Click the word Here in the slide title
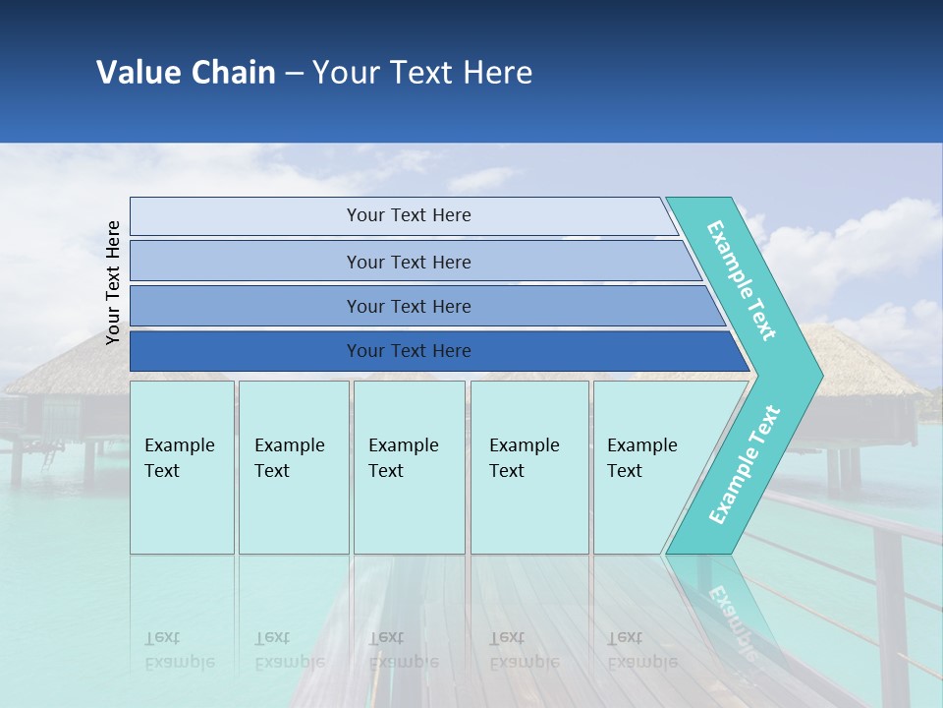(x=497, y=73)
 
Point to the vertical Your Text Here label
(x=113, y=282)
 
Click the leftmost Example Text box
(x=182, y=467)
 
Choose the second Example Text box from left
(x=293, y=467)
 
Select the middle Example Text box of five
(x=409, y=467)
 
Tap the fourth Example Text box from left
(x=529, y=467)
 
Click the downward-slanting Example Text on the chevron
(x=742, y=280)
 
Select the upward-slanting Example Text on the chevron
(x=745, y=464)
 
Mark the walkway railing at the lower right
(x=864, y=531)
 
